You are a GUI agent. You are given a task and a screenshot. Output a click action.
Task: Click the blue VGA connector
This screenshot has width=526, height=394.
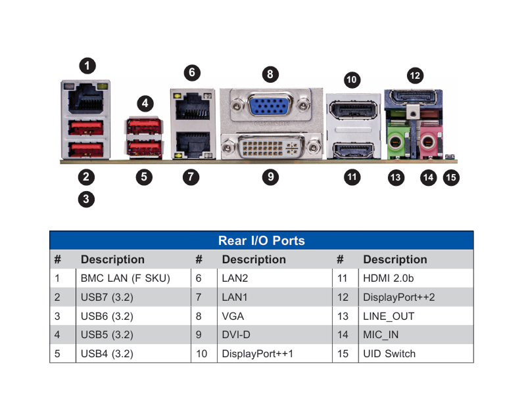pyautogui.click(x=270, y=104)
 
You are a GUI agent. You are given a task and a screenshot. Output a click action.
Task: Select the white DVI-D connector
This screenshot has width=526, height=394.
pyautogui.click(x=270, y=146)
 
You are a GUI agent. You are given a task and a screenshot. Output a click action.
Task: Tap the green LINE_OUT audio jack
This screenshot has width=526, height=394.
pyautogui.click(x=396, y=142)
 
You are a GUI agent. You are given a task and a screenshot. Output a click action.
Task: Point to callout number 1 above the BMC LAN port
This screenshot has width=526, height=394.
pyautogui.click(x=87, y=66)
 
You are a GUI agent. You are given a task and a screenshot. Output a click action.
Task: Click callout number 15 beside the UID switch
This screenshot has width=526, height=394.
pyautogui.click(x=451, y=177)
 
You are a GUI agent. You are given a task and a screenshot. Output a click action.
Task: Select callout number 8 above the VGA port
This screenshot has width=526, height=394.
pyautogui.click(x=270, y=74)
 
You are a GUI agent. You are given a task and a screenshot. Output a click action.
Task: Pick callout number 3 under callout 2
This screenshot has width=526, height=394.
pyautogui.click(x=86, y=200)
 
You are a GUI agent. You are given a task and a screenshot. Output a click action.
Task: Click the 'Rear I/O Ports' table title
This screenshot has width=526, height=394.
pyautogui.click(x=262, y=240)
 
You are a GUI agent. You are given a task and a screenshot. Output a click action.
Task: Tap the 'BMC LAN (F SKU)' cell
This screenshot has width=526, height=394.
pyautogui.click(x=126, y=278)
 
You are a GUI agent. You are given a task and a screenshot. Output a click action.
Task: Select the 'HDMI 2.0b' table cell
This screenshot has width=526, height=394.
pyautogui.click(x=389, y=278)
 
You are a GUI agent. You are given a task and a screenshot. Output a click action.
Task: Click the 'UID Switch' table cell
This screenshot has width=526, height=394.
pyautogui.click(x=389, y=354)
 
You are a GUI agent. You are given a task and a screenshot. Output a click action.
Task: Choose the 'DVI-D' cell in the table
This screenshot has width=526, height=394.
pyautogui.click(x=236, y=335)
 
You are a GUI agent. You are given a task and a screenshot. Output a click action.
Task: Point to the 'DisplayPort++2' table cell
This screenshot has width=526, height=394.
pyautogui.click(x=399, y=297)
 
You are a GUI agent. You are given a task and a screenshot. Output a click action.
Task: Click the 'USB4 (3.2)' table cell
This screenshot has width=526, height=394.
pyautogui.click(x=107, y=354)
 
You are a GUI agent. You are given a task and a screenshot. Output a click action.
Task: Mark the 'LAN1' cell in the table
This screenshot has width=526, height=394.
pyautogui.click(x=235, y=297)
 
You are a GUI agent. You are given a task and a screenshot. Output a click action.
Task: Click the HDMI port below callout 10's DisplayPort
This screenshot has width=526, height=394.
pyautogui.click(x=353, y=150)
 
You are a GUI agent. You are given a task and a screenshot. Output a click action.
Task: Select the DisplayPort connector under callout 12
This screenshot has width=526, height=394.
pyautogui.click(x=413, y=97)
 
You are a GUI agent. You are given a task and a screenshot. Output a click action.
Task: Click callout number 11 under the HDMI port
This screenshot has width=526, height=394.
pyautogui.click(x=352, y=177)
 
